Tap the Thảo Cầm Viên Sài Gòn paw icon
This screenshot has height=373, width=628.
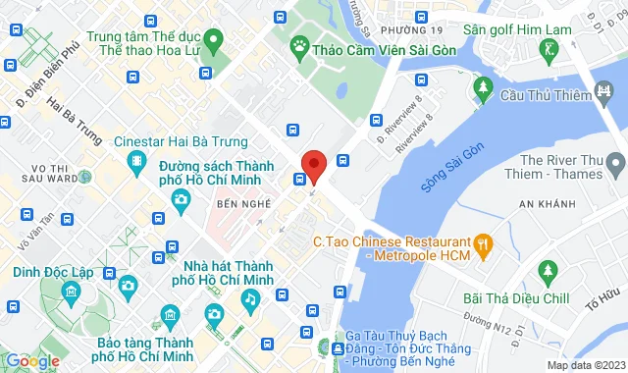click(297, 45)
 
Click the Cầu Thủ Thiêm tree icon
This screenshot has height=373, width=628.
click(483, 89)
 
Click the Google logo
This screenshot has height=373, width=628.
click(32, 360)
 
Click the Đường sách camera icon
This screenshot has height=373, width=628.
click(181, 199)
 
